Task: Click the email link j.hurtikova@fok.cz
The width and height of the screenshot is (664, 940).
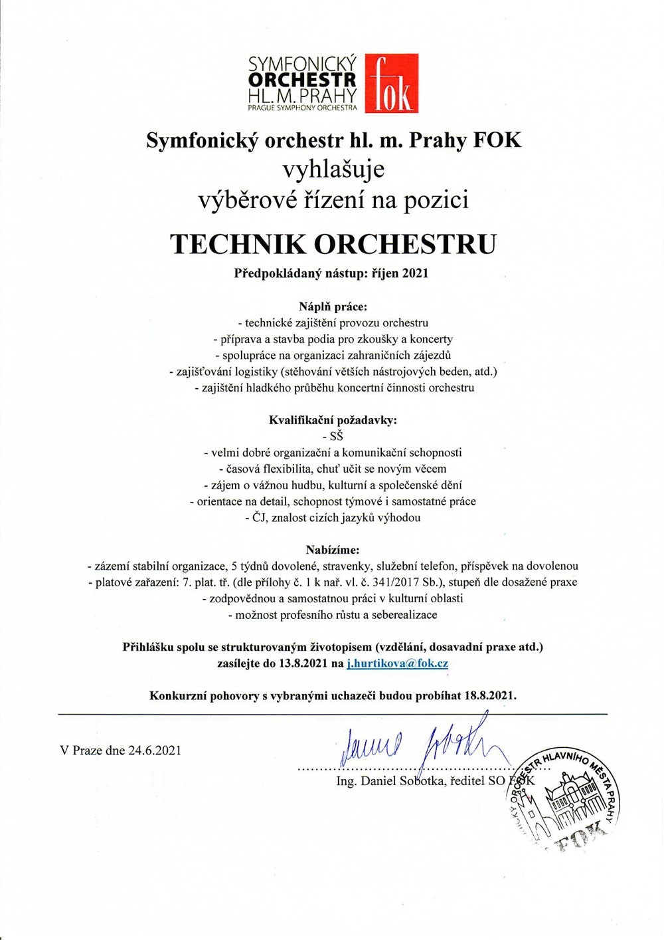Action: (x=397, y=663)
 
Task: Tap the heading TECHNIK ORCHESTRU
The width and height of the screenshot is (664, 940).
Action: (x=333, y=244)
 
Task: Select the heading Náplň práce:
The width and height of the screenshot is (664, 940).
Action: (x=333, y=306)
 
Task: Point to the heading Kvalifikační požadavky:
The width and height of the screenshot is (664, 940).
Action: (x=333, y=420)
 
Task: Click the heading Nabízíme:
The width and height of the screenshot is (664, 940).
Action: (x=333, y=550)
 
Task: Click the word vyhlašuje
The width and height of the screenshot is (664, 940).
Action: (x=333, y=169)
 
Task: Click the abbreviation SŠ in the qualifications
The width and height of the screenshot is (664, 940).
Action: (x=336, y=437)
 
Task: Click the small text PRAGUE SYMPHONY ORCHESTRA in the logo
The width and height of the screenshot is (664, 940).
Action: (x=302, y=107)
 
